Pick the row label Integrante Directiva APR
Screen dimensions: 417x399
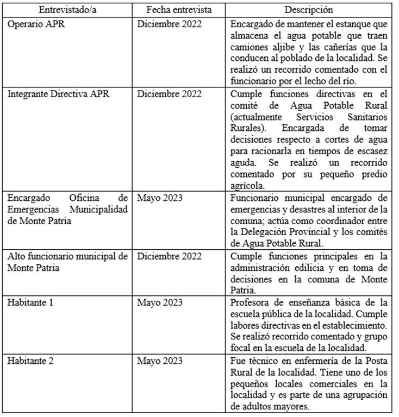[x=58, y=93]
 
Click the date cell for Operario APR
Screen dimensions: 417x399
[x=169, y=24]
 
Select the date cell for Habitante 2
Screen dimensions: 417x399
[x=160, y=361]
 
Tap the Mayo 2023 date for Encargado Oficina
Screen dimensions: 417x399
[x=160, y=197]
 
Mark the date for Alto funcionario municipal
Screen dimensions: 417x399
[x=169, y=256]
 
